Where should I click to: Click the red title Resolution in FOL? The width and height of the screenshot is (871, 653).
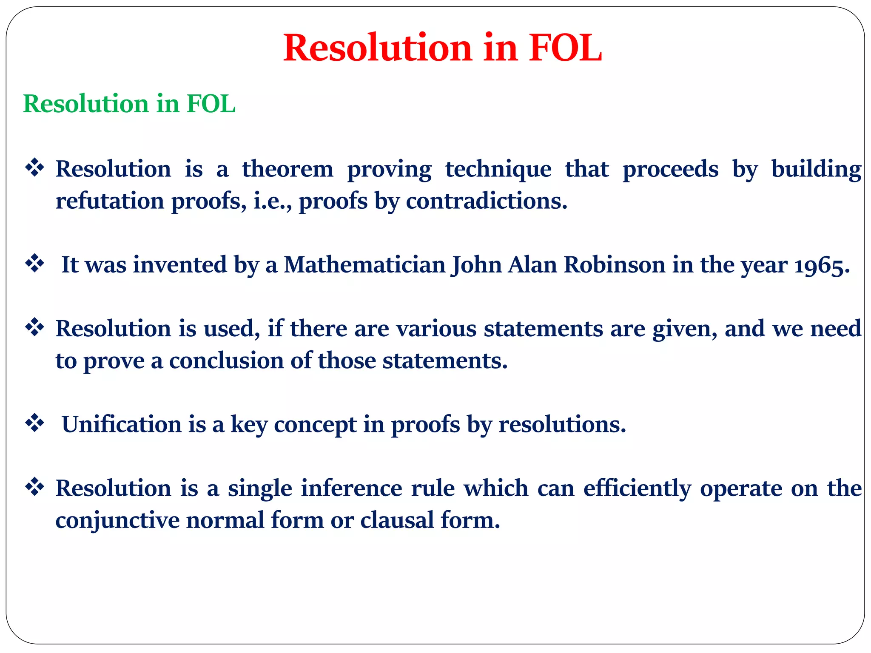(x=442, y=48)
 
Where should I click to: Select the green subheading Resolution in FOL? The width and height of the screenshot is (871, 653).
(x=129, y=104)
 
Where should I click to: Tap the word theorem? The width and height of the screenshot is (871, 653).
(x=287, y=169)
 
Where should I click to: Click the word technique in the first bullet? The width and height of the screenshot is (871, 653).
(x=498, y=170)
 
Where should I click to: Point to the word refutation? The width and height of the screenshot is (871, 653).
(x=110, y=201)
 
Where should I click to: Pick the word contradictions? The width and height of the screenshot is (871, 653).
(x=487, y=201)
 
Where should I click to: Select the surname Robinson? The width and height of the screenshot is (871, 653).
(x=615, y=264)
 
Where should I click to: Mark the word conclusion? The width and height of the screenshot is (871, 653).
(x=226, y=361)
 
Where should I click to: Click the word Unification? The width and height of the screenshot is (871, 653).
(x=122, y=424)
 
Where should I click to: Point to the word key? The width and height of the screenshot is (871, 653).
(x=249, y=425)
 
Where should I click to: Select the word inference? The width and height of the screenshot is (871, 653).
(x=351, y=488)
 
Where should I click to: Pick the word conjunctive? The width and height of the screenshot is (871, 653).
(x=117, y=520)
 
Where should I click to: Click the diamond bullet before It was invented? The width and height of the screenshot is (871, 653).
(x=35, y=264)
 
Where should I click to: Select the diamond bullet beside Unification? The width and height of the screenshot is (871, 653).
(x=35, y=423)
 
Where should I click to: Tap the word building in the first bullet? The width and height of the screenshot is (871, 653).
(x=816, y=170)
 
